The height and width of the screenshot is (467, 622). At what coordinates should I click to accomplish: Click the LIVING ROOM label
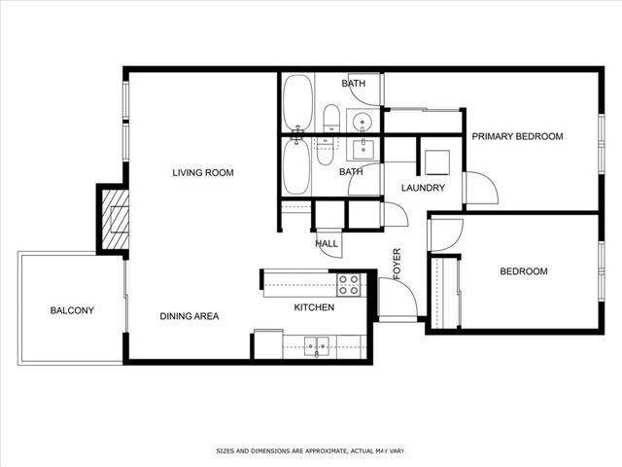pyautogui.click(x=203, y=173)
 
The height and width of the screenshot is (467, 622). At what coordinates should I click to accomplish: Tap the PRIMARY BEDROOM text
pyautogui.click(x=517, y=137)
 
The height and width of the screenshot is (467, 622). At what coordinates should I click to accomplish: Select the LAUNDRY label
pyautogui.click(x=423, y=189)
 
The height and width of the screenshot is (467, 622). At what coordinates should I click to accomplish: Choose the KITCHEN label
pyautogui.click(x=314, y=307)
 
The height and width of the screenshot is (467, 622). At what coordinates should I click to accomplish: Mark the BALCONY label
pyautogui.click(x=72, y=311)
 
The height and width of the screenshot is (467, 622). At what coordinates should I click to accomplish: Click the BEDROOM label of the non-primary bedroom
pyautogui.click(x=523, y=271)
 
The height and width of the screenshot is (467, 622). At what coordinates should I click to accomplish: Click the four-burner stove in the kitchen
pyautogui.click(x=349, y=284)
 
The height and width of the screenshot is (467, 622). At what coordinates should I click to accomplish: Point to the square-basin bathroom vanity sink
pyautogui.click(x=366, y=149)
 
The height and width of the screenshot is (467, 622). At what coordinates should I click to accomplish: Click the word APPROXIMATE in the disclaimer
pyautogui.click(x=319, y=451)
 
